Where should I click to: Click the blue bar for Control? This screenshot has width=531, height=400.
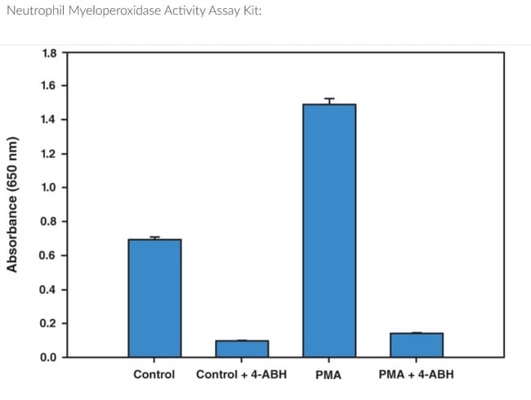click(154, 298)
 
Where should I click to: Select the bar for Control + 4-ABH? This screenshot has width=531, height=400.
click(242, 349)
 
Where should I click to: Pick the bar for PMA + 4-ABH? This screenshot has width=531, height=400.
click(417, 344)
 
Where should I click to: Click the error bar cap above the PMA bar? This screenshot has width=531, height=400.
click(329, 99)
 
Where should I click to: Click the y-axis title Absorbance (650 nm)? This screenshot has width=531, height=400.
click(13, 205)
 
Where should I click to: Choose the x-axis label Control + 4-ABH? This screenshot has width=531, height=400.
click(242, 375)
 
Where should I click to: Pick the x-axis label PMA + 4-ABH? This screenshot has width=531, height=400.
click(417, 375)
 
